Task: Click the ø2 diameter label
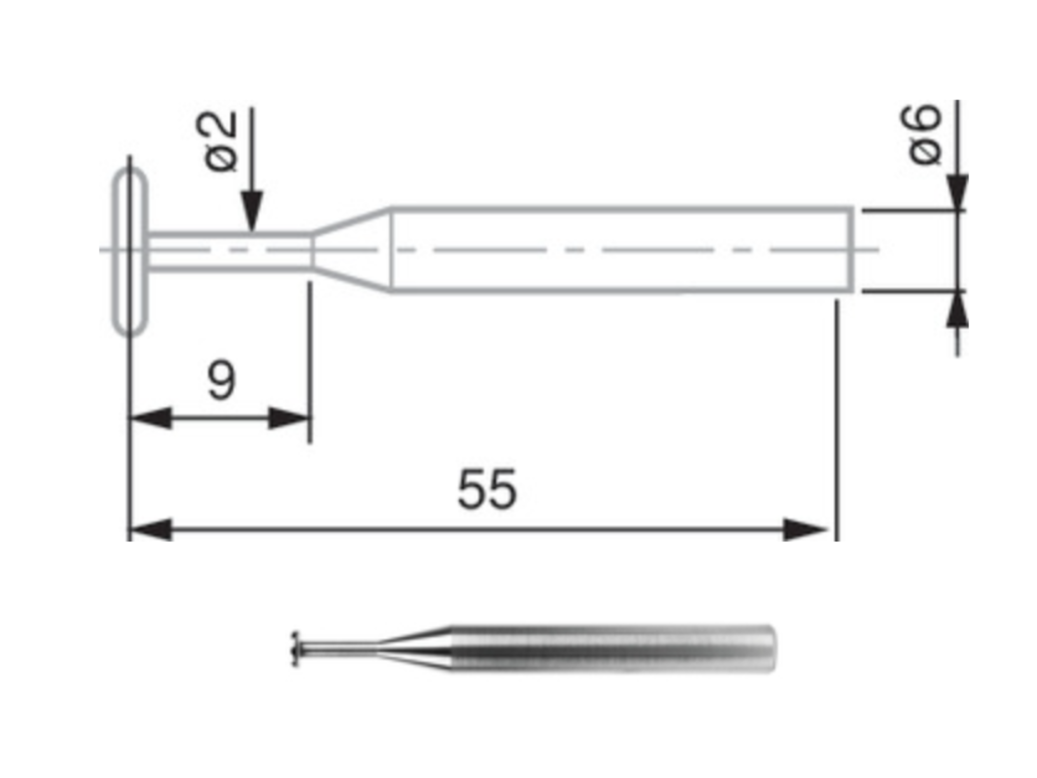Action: coord(217,142)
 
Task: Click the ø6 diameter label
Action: coord(920,135)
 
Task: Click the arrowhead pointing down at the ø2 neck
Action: coord(252,210)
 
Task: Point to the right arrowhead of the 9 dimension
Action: coord(288,418)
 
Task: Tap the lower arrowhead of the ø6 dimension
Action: coord(957,310)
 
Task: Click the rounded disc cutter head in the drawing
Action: coord(130,251)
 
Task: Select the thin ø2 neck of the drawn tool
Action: coord(230,251)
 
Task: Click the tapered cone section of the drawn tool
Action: coord(351,251)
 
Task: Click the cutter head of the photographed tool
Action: coord(295,648)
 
